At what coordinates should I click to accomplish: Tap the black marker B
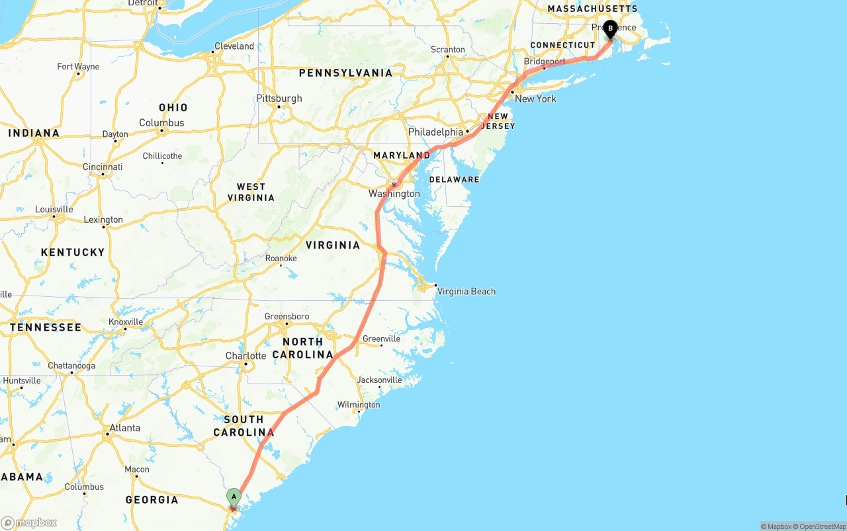tap(610, 29)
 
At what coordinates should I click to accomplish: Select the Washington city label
tap(394, 194)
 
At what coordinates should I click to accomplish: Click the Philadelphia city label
tap(435, 132)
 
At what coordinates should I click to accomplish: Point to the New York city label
tap(535, 99)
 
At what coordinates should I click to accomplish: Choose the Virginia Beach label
tap(466, 291)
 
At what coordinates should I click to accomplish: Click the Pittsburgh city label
tap(279, 99)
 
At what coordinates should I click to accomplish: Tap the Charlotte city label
tap(245, 356)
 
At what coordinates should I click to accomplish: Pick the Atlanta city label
tap(124, 428)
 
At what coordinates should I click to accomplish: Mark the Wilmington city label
tap(359, 405)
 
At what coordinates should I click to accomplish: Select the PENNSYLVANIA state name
tap(345, 73)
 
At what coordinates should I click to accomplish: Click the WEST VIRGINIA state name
tap(251, 192)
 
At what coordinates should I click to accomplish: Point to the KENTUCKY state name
tap(73, 252)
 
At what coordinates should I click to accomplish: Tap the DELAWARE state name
tap(454, 179)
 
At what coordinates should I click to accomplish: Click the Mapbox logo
tap(29, 522)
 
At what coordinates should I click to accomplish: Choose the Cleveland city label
tap(234, 46)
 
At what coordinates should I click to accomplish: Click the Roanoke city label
tap(281, 258)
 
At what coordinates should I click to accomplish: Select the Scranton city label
tap(447, 50)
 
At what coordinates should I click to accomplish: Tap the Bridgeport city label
tap(545, 61)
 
